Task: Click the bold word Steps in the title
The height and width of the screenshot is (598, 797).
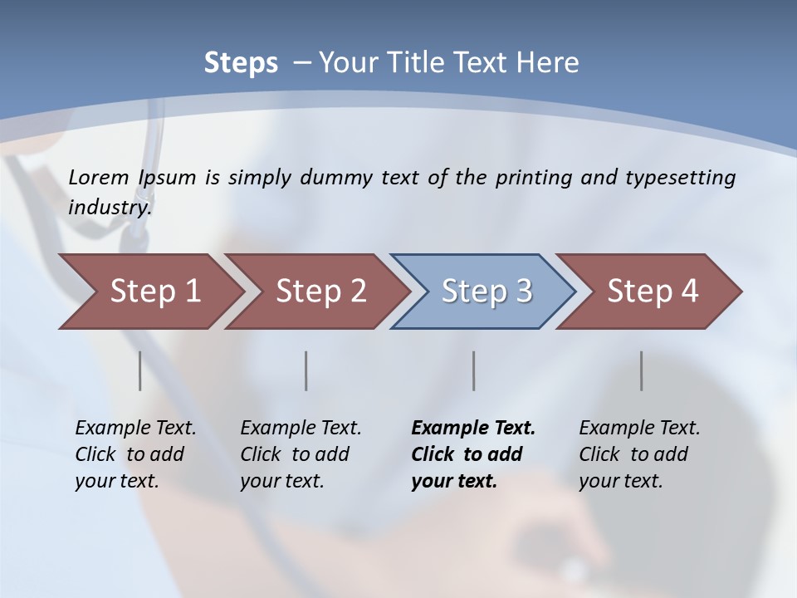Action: click(x=241, y=63)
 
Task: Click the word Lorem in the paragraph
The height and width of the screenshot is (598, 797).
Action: click(x=99, y=178)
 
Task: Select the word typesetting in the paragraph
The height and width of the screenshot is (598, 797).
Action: click(x=680, y=178)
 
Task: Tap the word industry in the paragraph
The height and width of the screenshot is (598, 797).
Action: click(x=110, y=207)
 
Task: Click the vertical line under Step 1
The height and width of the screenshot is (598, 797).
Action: click(x=139, y=370)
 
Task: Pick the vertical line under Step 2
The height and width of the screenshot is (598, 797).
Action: click(x=306, y=370)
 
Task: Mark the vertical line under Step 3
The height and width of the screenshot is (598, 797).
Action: click(x=474, y=370)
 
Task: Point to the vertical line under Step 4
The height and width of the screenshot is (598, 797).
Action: click(x=642, y=370)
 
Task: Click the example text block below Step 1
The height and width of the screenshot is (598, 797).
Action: click(x=135, y=454)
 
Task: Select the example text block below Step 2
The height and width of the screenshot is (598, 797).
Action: click(x=301, y=454)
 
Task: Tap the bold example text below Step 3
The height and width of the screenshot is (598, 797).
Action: click(x=473, y=454)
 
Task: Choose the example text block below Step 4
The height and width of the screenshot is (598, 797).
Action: click(x=639, y=454)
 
